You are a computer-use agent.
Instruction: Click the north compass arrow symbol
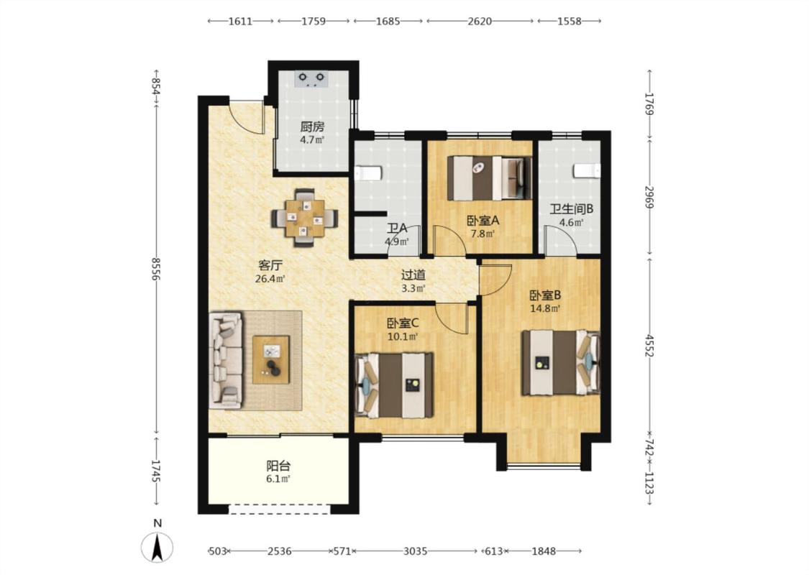tap(157, 548)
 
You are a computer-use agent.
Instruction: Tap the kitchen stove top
tap(311, 78)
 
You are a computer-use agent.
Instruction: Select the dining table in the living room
tap(305, 218)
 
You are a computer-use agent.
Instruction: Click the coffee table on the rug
tap(271, 359)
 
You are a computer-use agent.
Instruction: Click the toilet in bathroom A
tap(368, 172)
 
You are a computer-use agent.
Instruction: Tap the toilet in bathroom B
tap(588, 170)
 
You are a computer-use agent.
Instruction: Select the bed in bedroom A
tap(489, 178)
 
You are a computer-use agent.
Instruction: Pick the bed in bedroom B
tap(561, 362)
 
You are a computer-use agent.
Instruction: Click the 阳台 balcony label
tap(278, 466)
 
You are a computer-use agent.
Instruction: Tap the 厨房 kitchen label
tap(312, 126)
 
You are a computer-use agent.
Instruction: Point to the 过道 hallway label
tap(413, 275)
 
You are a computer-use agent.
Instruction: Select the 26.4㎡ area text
tap(270, 280)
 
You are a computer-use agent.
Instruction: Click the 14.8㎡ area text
tap(545, 309)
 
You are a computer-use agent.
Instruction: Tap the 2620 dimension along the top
tap(480, 21)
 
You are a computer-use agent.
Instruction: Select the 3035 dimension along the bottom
tap(416, 551)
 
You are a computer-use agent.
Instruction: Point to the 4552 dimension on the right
tap(649, 346)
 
